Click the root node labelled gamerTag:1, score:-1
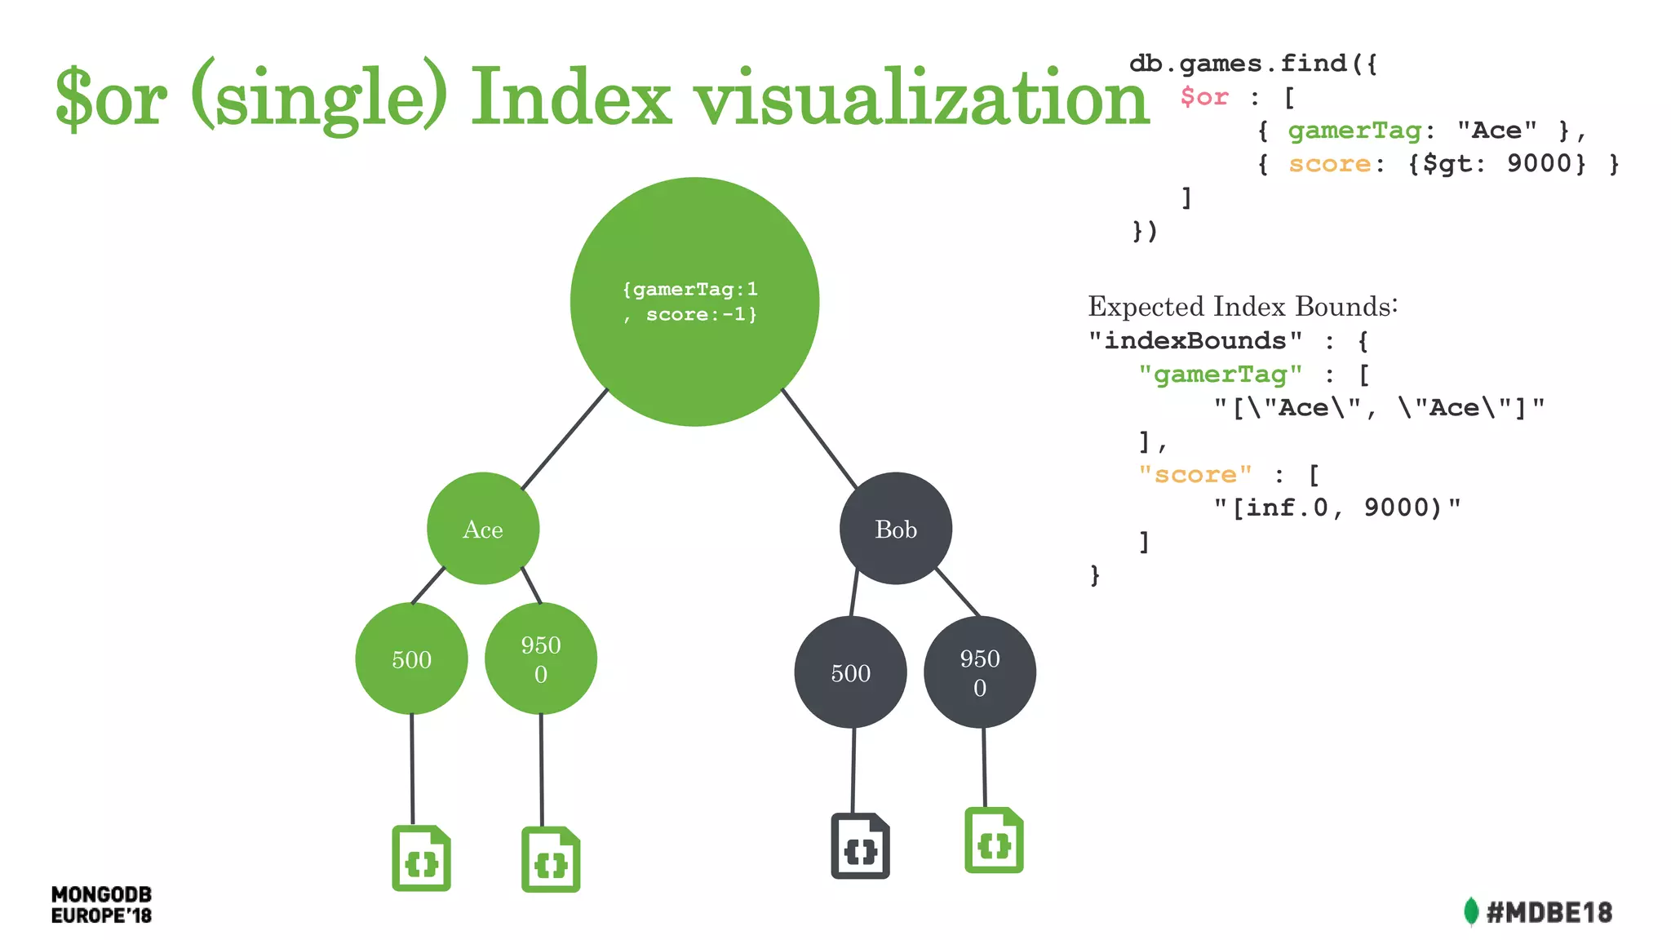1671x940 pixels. (694, 302)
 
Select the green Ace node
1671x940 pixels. (483, 529)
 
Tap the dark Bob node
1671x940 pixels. (896, 529)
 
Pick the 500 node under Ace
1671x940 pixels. (411, 658)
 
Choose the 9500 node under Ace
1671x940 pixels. (541, 658)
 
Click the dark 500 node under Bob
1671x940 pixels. (850, 672)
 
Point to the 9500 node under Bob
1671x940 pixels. (979, 672)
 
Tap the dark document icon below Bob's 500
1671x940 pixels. (860, 846)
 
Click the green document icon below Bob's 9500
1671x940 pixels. (994, 840)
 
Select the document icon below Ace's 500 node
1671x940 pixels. (421, 858)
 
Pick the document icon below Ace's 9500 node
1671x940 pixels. (551, 860)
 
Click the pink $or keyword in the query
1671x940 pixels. (1204, 97)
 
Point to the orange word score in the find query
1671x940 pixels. (1329, 164)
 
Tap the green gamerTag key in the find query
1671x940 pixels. (1354, 131)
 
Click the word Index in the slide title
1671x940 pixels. (571, 98)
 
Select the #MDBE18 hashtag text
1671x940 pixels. (1549, 912)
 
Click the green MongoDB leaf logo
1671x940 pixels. (1471, 911)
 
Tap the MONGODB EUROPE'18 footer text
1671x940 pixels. (101, 905)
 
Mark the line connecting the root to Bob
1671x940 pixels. (819, 438)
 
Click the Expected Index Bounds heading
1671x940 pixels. (1242, 307)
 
